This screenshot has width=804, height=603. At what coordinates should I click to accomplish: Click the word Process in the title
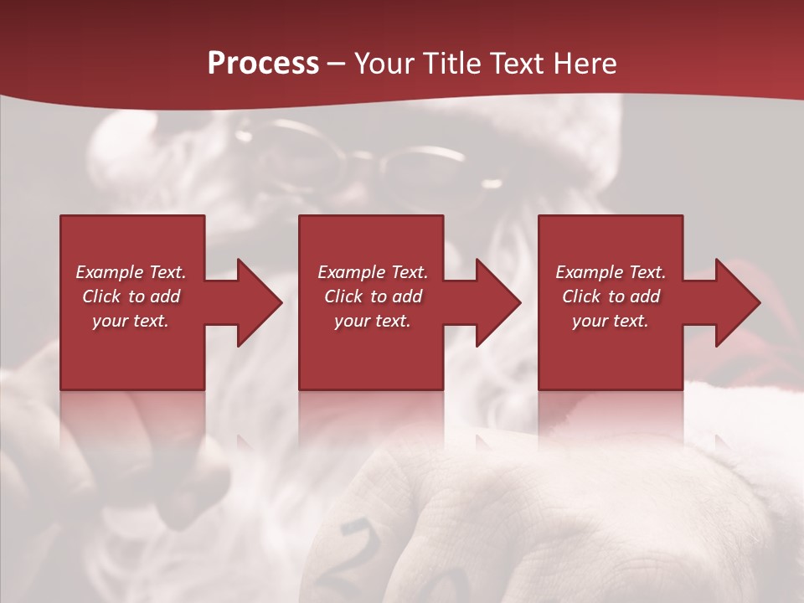[x=263, y=63]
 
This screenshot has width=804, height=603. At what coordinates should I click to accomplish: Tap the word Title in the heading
[x=452, y=63]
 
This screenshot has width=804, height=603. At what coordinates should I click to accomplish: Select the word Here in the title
[x=583, y=63]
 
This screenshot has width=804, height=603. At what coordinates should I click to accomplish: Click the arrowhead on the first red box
[x=255, y=302]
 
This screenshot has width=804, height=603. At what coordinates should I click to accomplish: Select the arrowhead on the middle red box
[x=494, y=302]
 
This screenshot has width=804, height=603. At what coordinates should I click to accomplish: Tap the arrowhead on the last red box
[x=734, y=302]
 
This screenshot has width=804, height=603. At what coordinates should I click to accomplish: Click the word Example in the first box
[x=110, y=272]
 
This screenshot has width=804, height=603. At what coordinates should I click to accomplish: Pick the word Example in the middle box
[x=352, y=272]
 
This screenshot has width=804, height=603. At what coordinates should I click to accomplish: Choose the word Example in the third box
[x=590, y=272]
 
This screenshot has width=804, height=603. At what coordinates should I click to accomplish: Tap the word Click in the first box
[x=102, y=296]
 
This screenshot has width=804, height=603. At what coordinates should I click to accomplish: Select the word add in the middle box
[x=407, y=296]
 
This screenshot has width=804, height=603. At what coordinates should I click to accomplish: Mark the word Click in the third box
[x=582, y=296]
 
